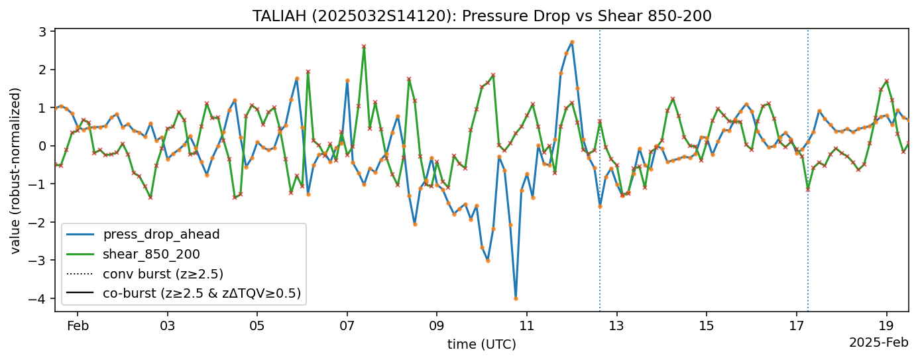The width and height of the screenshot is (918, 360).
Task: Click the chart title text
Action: pos(482,16)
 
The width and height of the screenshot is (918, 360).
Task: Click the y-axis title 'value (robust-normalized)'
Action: pos(16,170)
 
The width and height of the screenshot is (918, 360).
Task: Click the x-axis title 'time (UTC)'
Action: pos(481,344)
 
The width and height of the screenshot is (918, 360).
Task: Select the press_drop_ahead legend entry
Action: pos(161,234)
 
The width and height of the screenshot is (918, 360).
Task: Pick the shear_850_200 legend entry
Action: pos(151,254)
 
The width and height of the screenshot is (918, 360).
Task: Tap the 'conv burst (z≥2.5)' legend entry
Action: pos(162,274)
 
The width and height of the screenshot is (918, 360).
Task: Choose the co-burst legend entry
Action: pos(201,293)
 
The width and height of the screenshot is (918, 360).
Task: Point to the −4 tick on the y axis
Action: pos(40,299)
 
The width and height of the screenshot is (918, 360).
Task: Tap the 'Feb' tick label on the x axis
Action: pos(78,326)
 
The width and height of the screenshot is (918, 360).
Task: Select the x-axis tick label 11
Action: pos(527,326)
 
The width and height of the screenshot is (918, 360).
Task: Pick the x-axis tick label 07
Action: pos(347,326)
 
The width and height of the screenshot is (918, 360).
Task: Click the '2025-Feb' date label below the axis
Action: pos(878,343)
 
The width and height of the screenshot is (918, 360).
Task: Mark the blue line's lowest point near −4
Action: pos(516,298)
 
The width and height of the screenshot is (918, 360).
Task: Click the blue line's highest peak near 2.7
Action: pos(572,42)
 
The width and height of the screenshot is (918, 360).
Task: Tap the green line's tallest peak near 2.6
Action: pos(364,46)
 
